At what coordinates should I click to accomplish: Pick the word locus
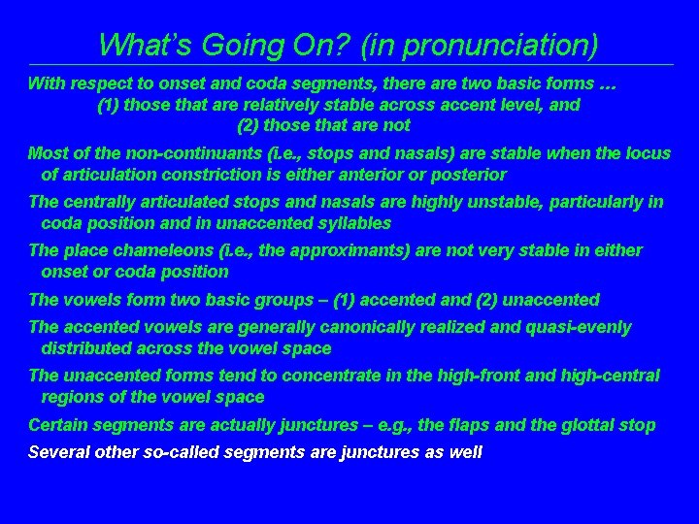tap(648, 153)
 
